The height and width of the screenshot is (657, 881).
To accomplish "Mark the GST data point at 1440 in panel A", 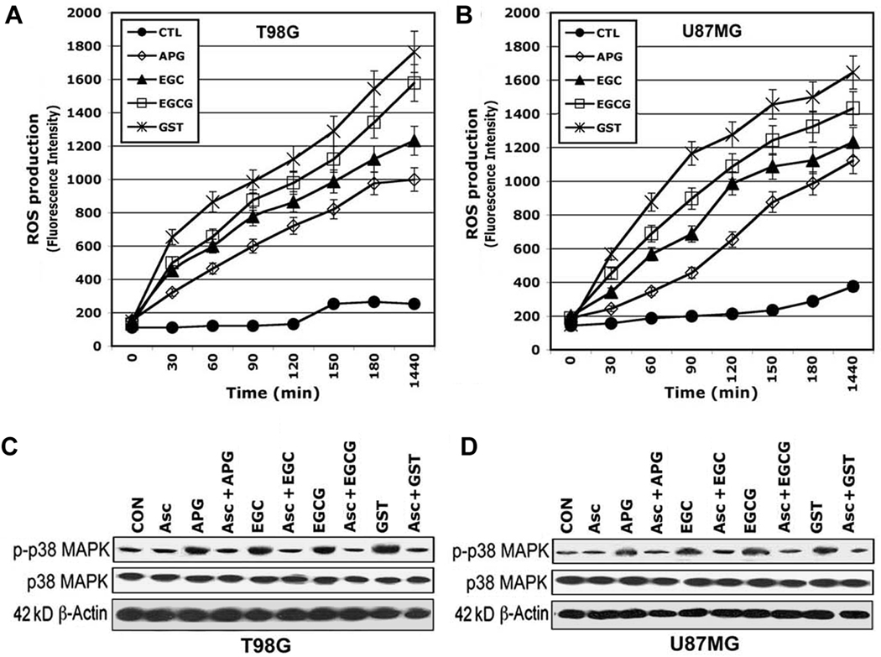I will (x=413, y=52).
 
